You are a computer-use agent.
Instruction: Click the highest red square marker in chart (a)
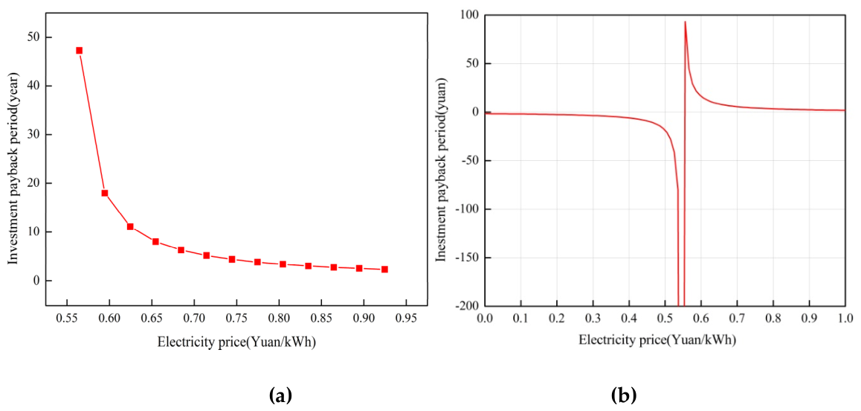point(79,51)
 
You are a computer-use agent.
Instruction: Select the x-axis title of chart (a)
point(236,342)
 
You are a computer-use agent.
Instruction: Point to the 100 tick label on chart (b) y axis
point(470,16)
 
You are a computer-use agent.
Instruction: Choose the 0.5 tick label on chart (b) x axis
point(665,319)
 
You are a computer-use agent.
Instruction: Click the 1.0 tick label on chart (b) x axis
point(845,319)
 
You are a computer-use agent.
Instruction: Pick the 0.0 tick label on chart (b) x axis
point(485,319)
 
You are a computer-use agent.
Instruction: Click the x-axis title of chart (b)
point(657,340)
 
